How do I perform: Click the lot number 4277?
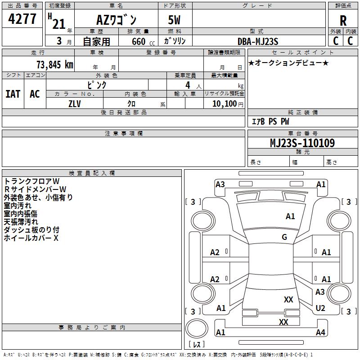point(22,19)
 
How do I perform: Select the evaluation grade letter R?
point(343,21)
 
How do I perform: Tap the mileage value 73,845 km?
point(55,64)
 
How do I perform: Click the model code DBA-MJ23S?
point(258,41)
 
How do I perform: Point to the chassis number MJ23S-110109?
point(302,143)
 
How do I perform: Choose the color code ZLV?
point(75,104)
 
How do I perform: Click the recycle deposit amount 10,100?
point(225,104)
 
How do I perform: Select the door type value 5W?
point(174,20)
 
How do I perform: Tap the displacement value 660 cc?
point(143,41)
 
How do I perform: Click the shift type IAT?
point(13,94)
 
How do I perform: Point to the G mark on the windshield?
point(284,237)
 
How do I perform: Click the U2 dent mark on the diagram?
point(320,308)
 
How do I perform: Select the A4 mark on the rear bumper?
point(320,332)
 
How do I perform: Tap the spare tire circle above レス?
point(197,328)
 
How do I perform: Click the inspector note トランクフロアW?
point(31,181)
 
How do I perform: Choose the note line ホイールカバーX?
point(31,238)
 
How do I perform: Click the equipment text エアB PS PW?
point(270,121)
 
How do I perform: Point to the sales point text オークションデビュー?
point(288,63)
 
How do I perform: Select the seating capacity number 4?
point(188,85)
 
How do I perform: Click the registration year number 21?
point(59,24)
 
